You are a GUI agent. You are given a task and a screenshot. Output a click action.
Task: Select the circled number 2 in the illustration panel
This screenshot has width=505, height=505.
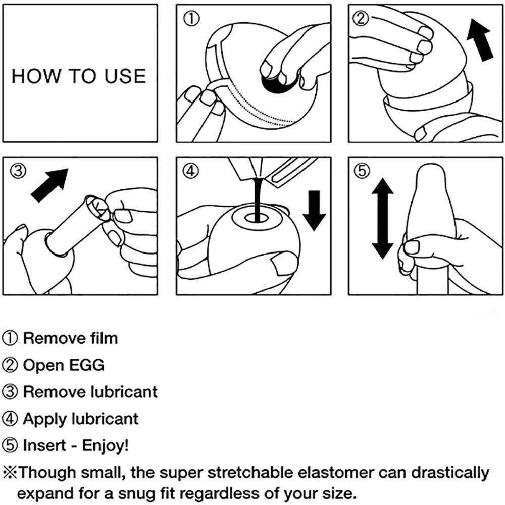point(361,19)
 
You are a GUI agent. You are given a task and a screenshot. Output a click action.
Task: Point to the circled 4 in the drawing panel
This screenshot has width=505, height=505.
point(190,172)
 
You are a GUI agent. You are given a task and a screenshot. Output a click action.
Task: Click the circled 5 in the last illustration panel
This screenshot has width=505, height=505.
point(361,172)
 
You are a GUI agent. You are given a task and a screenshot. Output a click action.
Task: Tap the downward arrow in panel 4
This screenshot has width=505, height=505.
point(314,210)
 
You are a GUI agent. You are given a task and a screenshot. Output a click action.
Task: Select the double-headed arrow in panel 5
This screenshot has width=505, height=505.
point(382,220)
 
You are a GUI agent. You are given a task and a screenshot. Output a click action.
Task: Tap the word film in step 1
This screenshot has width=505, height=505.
point(103,338)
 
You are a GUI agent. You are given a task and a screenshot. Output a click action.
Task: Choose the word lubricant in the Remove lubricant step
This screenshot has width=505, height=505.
point(124,392)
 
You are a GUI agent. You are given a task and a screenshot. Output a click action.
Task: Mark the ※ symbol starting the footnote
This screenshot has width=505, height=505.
point(11,473)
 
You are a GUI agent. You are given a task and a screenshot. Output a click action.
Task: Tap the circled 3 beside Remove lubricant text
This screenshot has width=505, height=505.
point(11,392)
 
